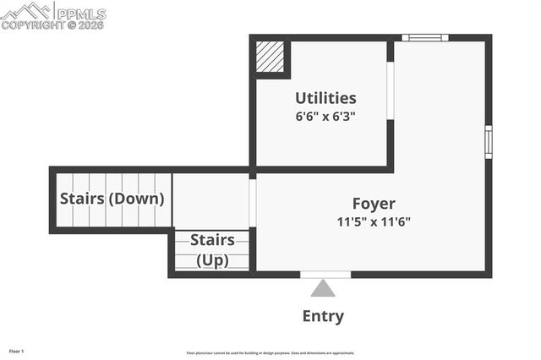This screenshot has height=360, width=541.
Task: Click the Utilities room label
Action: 325,98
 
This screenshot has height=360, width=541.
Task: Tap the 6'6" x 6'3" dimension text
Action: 325,117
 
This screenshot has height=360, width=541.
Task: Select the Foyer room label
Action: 374,204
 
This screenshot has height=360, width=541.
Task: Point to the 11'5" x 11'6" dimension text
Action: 374,222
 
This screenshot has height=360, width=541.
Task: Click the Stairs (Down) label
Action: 112,199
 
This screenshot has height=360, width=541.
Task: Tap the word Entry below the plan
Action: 323,317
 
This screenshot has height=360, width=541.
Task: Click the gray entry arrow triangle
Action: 323,289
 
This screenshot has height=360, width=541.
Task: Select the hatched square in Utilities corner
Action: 270,57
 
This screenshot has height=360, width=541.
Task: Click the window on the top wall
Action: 424,37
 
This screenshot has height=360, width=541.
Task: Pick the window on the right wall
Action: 488,141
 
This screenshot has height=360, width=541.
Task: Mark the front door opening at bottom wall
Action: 325,274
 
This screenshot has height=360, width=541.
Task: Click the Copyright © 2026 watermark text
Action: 52,25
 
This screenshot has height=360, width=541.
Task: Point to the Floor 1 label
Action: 17,350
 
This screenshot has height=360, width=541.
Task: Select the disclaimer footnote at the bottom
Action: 270,353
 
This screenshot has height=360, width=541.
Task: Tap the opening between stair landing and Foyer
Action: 253,202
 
